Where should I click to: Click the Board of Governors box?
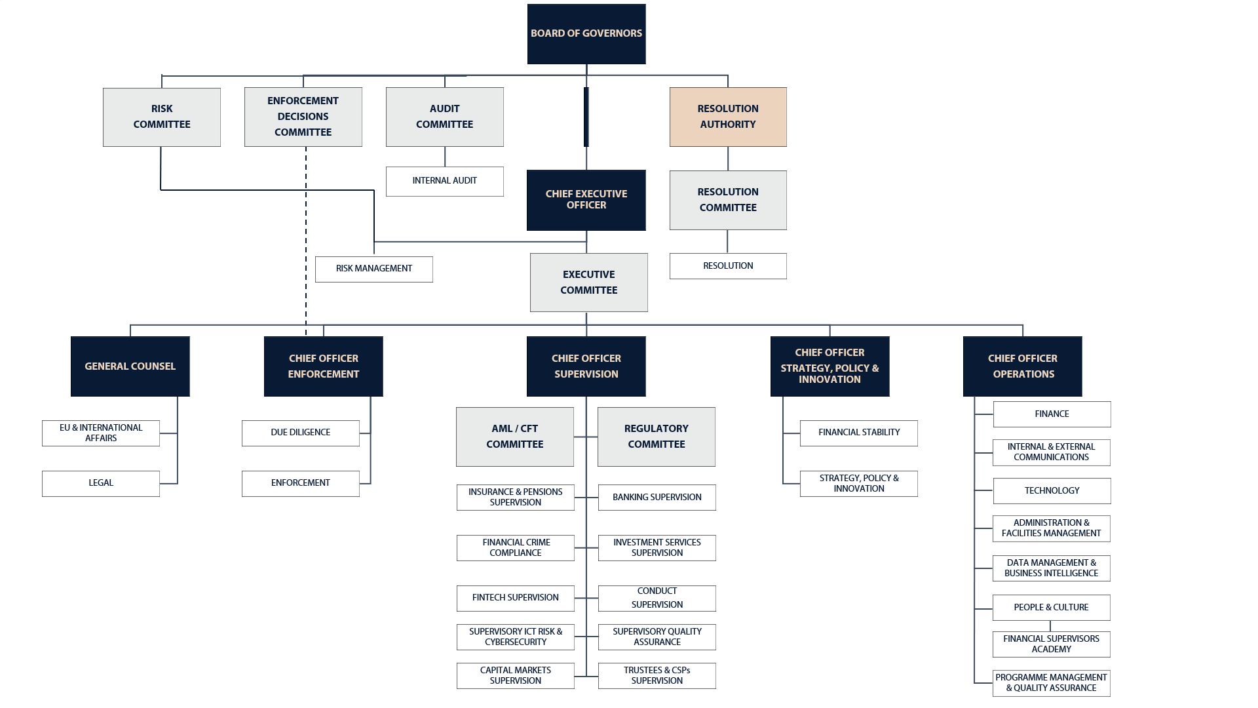[586, 34]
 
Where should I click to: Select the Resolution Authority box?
[728, 117]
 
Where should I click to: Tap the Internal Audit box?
[444, 181]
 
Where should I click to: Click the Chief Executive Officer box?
[586, 200]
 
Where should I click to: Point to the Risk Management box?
[373, 269]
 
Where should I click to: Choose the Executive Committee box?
[588, 283]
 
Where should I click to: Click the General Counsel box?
[130, 366]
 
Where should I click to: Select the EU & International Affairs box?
[101, 433]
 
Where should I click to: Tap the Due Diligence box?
[300, 433]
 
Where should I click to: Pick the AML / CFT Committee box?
[514, 437]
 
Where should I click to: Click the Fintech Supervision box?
[515, 598]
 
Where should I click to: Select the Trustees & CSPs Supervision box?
[657, 676]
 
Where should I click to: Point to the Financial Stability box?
[858, 433]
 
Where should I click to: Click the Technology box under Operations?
[1052, 491]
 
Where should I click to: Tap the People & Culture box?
[1051, 608]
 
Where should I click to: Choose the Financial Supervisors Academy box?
[1051, 644]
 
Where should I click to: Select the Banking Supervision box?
[657, 498]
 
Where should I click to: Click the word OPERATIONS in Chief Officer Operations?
[1023, 374]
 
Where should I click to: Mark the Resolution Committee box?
[728, 200]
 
